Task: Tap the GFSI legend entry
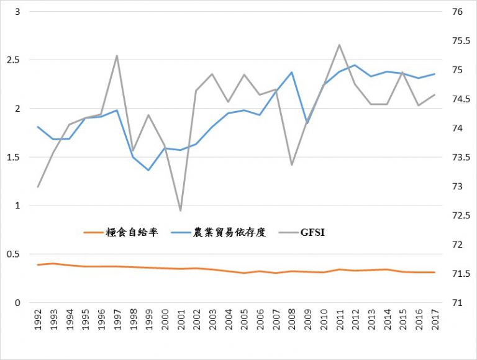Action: (x=312, y=233)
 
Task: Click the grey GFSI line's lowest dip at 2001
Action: (x=181, y=211)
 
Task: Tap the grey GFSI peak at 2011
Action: (x=339, y=45)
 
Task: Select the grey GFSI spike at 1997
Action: (x=117, y=56)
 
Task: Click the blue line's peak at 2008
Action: (x=291, y=72)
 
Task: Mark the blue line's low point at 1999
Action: (x=149, y=170)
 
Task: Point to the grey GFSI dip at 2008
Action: (x=291, y=165)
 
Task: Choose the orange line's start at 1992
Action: (x=39, y=265)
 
